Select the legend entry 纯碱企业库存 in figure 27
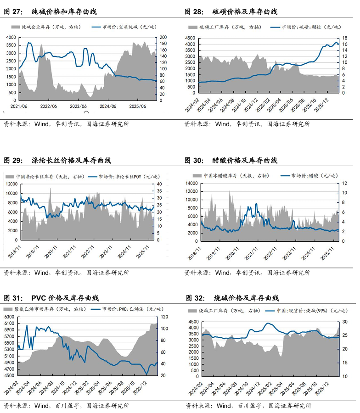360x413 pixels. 44,28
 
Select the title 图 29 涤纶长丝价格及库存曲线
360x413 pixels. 57,160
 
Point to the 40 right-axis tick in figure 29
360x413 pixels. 159,184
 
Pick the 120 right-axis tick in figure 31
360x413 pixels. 163,317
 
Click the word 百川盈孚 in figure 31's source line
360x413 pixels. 69,406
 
